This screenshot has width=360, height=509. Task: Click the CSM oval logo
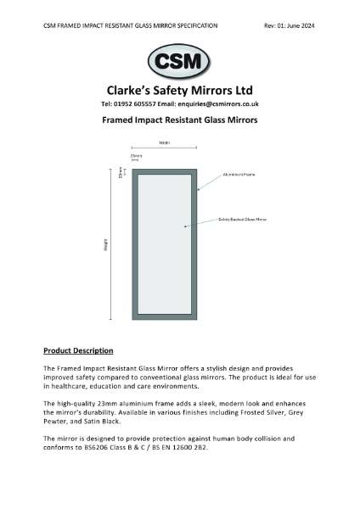pyautogui.click(x=180, y=63)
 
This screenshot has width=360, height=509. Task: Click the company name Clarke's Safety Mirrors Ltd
pyautogui.click(x=179, y=90)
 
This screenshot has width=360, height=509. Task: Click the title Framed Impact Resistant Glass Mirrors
pyautogui.click(x=179, y=120)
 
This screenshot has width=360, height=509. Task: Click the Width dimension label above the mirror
pyautogui.click(x=165, y=143)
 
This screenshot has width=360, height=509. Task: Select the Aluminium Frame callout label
pyautogui.click(x=237, y=175)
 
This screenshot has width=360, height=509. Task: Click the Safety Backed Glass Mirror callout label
pyautogui.click(x=242, y=220)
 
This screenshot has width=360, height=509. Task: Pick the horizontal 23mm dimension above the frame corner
pyautogui.click(x=136, y=157)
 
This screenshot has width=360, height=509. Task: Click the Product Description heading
pyautogui.click(x=78, y=350)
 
